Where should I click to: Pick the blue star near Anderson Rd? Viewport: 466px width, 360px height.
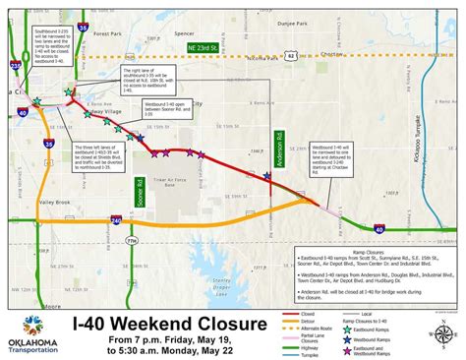pos(268,176)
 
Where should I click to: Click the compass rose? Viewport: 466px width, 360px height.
pos(437,307)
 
